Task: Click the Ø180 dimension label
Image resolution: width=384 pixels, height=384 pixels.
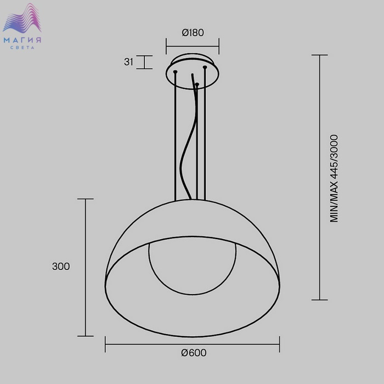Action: (193, 32)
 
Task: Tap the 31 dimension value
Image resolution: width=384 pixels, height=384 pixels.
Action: (128, 61)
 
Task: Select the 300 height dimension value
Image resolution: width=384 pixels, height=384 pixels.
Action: (61, 266)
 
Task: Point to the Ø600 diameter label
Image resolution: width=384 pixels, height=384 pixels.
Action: (194, 353)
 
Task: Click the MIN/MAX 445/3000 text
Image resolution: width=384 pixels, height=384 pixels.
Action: (334, 178)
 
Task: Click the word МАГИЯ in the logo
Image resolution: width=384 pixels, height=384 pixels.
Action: (22, 40)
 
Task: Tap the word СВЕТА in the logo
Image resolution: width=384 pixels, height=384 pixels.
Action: (22, 48)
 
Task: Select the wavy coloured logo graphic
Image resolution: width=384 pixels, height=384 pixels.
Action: (22, 18)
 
